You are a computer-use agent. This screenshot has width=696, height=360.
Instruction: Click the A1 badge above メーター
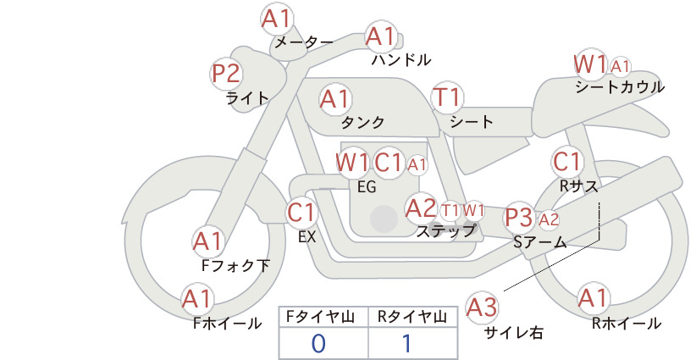pyautogui.click(x=276, y=19)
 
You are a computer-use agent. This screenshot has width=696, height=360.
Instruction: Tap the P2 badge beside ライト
pyautogui.click(x=225, y=74)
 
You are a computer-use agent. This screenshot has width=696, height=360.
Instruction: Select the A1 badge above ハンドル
pyautogui.click(x=380, y=36)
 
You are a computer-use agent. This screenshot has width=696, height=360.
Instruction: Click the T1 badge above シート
pyautogui.click(x=447, y=97)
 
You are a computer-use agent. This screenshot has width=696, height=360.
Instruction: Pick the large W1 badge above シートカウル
pyautogui.click(x=590, y=64)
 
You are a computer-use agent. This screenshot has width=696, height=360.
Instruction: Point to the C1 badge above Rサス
pyautogui.click(x=566, y=162)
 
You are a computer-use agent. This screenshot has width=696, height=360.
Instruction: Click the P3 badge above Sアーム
pyautogui.click(x=519, y=218)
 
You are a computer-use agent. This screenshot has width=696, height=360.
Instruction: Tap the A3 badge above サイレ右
pyautogui.click(x=482, y=307)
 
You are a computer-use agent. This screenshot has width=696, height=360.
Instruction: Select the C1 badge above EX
pyautogui.click(x=301, y=213)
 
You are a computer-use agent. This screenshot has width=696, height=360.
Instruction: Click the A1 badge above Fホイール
pyautogui.click(x=197, y=299)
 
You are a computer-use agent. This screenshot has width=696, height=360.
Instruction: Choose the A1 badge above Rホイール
pyautogui.click(x=593, y=298)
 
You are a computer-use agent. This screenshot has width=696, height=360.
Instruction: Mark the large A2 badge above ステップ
pyautogui.click(x=421, y=208)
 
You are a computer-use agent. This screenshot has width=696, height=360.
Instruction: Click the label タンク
pyautogui.click(x=362, y=122)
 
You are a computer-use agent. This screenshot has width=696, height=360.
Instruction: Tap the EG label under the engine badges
pyautogui.click(x=367, y=187)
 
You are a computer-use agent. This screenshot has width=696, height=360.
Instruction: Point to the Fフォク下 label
pyautogui.click(x=235, y=265)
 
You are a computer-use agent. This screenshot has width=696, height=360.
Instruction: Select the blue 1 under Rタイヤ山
pyautogui.click(x=406, y=343)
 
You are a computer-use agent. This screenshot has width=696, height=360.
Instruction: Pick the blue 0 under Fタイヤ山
pyautogui.click(x=318, y=344)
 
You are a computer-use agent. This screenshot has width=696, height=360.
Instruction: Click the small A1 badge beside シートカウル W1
pyautogui.click(x=620, y=67)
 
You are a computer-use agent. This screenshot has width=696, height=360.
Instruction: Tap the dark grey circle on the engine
pyautogui.click(x=384, y=219)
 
